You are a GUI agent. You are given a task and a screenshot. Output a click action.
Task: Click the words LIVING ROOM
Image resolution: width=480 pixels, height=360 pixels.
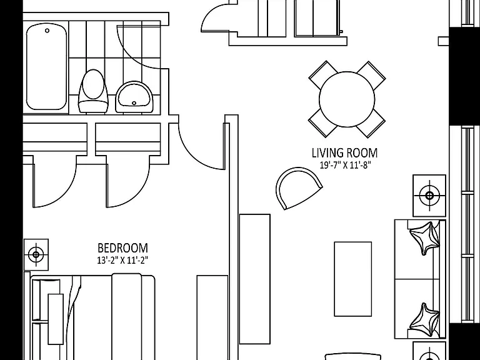point(344,152)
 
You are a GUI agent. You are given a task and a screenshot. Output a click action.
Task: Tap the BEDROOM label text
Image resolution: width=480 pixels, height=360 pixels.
point(122,248)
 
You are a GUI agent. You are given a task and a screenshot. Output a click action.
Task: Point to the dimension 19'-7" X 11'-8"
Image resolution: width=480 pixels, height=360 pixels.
point(345,165)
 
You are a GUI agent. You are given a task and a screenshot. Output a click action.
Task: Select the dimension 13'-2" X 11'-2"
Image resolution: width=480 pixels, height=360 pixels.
point(122,261)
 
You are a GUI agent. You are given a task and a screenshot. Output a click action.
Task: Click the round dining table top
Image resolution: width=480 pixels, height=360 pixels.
point(347,99)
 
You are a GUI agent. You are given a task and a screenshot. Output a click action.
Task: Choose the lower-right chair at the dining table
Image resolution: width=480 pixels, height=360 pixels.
point(371,123)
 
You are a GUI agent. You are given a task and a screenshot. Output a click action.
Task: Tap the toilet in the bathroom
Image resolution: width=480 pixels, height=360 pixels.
point(93,91)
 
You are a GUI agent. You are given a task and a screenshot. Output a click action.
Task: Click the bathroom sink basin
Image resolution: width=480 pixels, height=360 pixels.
point(134,97)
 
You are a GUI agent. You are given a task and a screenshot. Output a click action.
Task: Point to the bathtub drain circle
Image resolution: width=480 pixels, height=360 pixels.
point(47,31)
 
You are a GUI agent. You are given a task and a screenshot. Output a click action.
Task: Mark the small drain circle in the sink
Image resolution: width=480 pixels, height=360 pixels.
point(134,104)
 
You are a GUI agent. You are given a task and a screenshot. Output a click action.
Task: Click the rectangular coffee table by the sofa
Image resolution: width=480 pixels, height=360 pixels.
point(352,279)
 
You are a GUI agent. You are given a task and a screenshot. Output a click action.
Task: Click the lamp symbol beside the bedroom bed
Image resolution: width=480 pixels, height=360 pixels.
point(36,254)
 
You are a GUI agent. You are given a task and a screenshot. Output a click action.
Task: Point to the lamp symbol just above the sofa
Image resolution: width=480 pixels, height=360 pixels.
point(429,196)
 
